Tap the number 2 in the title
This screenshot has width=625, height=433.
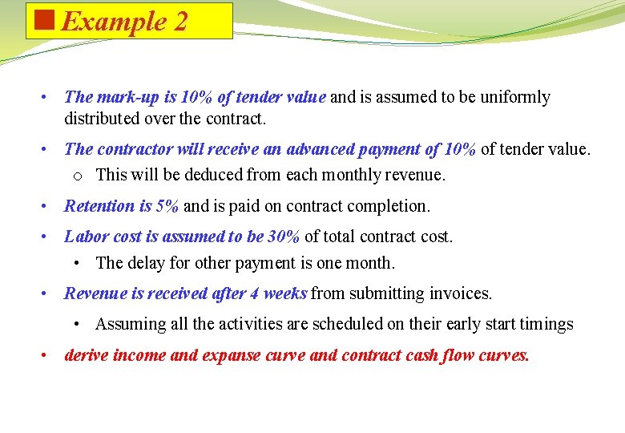179,22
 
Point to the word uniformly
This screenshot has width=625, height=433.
511,98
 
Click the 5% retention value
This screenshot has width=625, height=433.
167,206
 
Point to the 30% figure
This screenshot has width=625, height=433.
284,237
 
